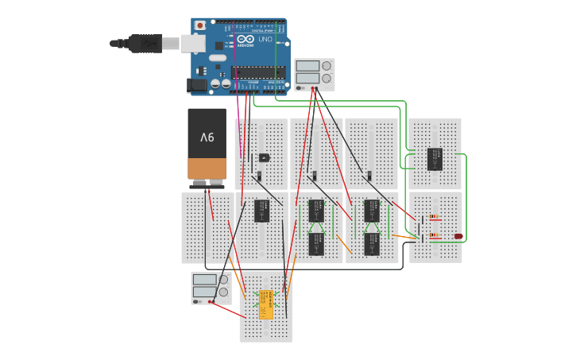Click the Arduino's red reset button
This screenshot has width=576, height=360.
(199, 25)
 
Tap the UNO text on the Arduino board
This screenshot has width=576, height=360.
(265, 40)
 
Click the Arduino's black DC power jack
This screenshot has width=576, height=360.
(196, 83)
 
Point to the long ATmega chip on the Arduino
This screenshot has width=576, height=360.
(257, 72)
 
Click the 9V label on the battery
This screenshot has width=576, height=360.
(207, 137)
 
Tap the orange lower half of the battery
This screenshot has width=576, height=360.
(207, 168)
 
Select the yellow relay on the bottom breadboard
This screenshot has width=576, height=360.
(266, 304)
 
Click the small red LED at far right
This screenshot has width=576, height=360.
(458, 236)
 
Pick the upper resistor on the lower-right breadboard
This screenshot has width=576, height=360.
(434, 216)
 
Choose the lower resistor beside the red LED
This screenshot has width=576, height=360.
(434, 235)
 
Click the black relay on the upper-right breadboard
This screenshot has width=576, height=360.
(435, 158)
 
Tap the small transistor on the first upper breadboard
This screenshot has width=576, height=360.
(263, 157)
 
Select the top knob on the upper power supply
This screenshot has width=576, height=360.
(326, 66)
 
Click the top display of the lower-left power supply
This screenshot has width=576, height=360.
(204, 280)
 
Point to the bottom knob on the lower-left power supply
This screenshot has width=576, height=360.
(223, 292)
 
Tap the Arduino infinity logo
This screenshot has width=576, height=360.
(245, 40)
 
